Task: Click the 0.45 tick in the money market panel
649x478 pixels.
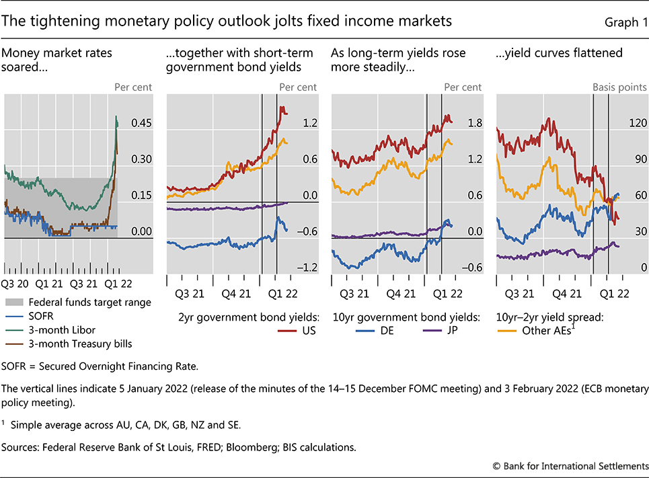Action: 142,123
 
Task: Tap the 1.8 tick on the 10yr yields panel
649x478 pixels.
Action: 475,123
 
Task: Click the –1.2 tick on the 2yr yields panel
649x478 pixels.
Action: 309,268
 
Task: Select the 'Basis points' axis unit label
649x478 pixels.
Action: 619,87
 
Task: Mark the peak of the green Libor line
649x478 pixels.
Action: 117,117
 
